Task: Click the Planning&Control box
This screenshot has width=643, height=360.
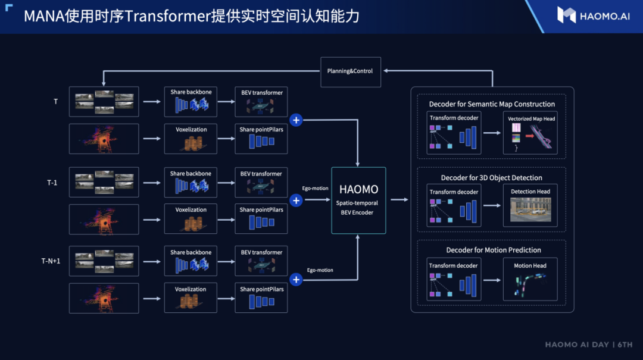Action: tap(350, 71)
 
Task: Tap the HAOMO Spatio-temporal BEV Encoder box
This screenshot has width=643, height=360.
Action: tap(358, 200)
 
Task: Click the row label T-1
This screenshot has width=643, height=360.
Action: tap(52, 182)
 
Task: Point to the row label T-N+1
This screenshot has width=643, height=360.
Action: tap(51, 261)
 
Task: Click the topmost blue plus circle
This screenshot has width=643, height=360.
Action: tap(296, 120)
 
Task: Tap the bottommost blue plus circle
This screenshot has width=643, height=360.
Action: tap(296, 279)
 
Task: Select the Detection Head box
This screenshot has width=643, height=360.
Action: tap(530, 205)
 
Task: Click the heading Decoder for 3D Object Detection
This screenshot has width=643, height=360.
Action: tap(491, 177)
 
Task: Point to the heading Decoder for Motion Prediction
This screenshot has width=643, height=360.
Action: tap(494, 250)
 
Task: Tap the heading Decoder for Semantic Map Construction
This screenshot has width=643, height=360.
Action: tap(492, 104)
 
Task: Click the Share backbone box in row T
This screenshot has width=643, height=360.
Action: tap(191, 102)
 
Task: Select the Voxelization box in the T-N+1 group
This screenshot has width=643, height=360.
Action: tap(191, 298)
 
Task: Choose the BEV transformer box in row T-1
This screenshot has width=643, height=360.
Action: tap(261, 183)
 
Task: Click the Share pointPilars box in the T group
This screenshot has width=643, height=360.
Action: tap(261, 138)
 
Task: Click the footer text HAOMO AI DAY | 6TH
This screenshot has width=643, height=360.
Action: tap(588, 345)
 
